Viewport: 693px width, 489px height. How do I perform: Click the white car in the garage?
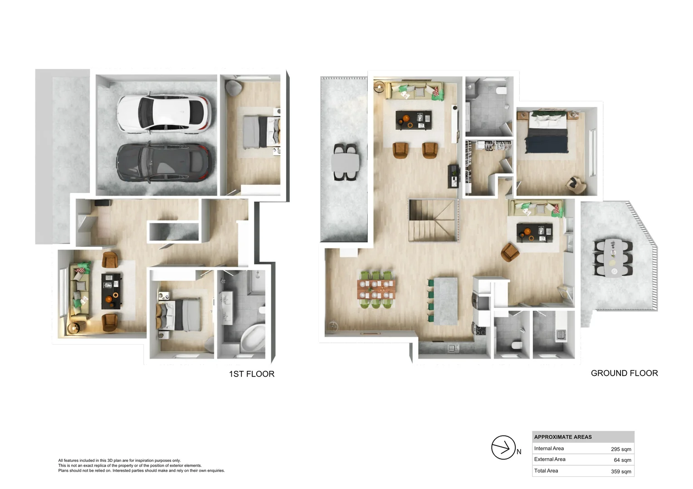point(163,113)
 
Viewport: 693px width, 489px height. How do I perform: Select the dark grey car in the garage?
point(164,163)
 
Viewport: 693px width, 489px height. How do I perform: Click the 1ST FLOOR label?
point(251,374)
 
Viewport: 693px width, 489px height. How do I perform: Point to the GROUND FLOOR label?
point(624,373)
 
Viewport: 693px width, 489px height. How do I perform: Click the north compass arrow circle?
point(503,447)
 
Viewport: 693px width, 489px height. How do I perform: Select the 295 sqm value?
point(620,449)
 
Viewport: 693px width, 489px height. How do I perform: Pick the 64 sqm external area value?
point(622,460)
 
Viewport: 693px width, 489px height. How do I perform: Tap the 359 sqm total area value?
point(620,471)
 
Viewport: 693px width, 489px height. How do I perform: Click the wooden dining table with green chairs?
point(376,290)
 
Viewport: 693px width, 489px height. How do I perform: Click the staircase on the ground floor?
point(433,221)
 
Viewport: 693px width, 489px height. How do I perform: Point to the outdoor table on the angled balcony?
point(614,257)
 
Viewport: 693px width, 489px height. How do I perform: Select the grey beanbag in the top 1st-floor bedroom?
point(234,88)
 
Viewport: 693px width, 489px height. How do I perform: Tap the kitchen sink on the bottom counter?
point(452,348)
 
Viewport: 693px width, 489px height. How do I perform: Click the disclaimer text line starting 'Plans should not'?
point(141,470)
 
